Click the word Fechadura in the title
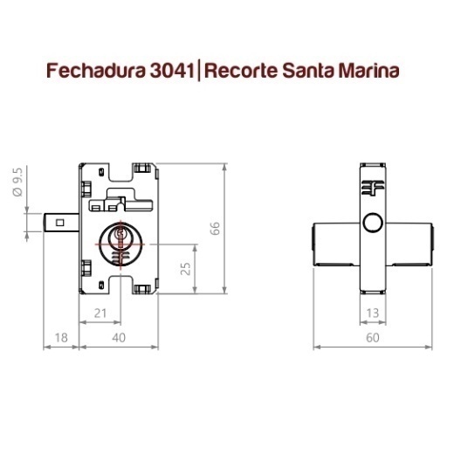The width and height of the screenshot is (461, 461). tap(96, 71)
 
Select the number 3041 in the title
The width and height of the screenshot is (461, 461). tap(172, 71)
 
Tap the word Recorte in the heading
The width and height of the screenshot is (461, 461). tap(241, 71)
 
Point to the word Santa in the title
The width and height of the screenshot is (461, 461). tap(308, 71)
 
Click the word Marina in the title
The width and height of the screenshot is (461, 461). tap(369, 71)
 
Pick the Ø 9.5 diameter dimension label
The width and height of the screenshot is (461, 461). tap(17, 182)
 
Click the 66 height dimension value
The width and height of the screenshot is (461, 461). tap(215, 228)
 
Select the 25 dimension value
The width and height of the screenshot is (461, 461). tap(185, 268)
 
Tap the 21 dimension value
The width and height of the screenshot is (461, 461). tap(100, 313)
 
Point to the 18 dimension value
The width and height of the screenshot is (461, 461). tap(61, 338)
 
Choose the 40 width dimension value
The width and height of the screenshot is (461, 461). tap(119, 338)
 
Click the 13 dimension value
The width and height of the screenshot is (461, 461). tap(373, 313)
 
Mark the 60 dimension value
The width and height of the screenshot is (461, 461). tap(373, 338)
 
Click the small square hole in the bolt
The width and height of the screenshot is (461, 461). tap(60, 223)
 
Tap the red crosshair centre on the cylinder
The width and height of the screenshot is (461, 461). tap(120, 244)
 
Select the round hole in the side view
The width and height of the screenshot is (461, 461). tap(373, 223)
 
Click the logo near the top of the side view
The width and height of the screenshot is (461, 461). tap(373, 188)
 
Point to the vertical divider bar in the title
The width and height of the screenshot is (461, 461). tap(199, 70)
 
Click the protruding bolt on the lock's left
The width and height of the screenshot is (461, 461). tap(61, 223)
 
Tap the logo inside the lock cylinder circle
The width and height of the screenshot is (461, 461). tap(120, 257)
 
